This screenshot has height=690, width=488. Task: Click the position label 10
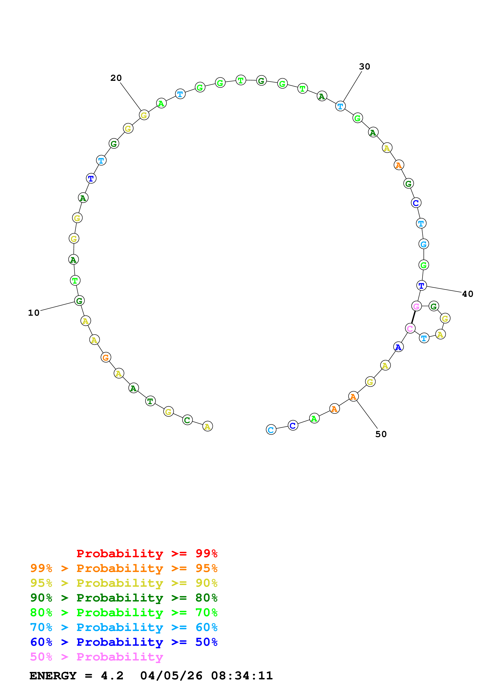pos(34,313)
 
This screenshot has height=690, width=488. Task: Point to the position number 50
pos(381,434)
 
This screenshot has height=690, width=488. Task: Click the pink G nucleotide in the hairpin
pos(416,306)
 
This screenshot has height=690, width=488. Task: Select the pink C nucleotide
pos(410,328)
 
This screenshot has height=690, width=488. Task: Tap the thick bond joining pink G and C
pos(413,317)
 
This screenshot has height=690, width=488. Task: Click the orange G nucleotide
pos(106,357)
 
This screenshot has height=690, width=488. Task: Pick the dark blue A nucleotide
pos(398,347)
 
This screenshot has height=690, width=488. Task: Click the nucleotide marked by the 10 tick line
pos(79,301)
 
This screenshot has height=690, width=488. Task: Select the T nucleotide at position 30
pos(340,106)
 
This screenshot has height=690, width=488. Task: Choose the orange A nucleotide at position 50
pos(353,397)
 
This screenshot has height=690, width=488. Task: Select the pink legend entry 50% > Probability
pos(96,657)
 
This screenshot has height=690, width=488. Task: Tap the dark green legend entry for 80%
pos(124,598)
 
